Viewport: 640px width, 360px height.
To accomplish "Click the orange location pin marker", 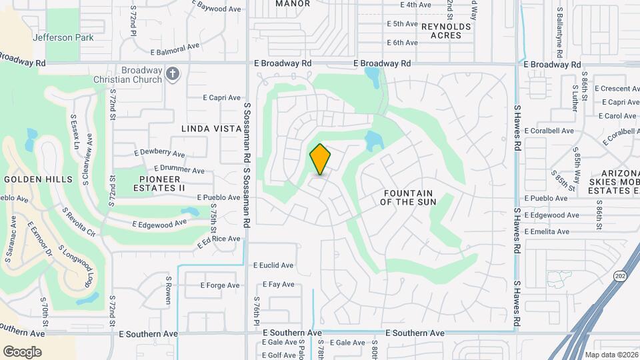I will [320, 159].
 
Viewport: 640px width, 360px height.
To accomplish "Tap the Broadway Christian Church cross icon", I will [173, 74].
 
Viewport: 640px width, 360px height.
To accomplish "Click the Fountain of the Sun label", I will [409, 197].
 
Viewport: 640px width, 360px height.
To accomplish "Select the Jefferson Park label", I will [63, 37].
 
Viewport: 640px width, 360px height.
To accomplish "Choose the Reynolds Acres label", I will [446, 31].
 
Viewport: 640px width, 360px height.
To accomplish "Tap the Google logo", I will [22, 352].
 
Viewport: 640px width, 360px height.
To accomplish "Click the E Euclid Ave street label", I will [273, 265].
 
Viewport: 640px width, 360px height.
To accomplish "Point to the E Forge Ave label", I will [219, 285].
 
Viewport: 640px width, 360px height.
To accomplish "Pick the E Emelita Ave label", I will [547, 231].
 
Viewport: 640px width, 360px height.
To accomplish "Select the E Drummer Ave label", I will [179, 169].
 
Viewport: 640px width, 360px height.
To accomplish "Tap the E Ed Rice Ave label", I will [218, 241].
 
